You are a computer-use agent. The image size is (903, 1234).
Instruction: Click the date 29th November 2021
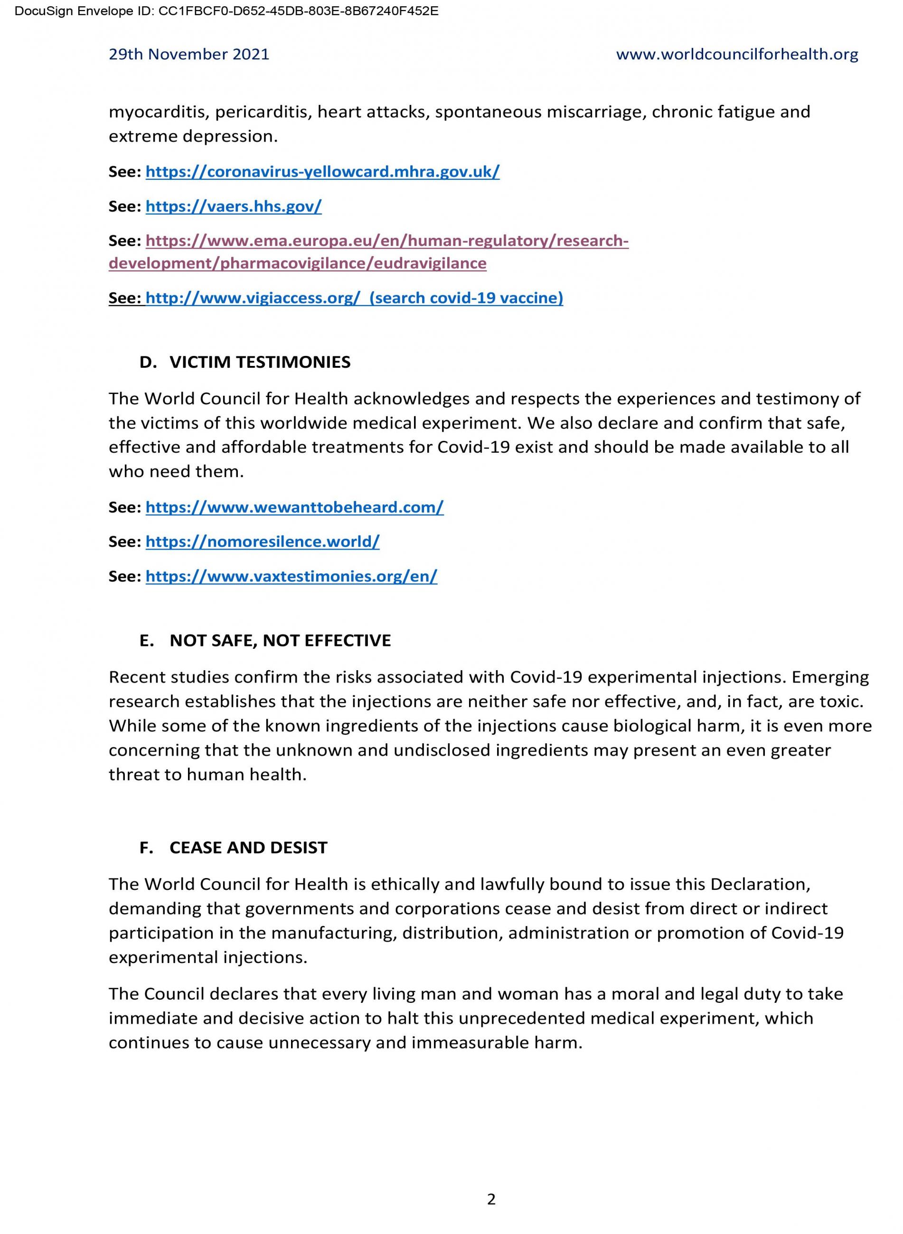tap(188, 55)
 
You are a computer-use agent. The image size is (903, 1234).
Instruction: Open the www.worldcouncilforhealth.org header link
tap(737, 55)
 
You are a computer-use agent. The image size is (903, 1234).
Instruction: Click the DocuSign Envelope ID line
tap(226, 11)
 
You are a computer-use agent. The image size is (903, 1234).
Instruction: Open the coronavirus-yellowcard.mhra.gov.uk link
tap(322, 172)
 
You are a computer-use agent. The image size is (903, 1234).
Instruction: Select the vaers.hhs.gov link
tap(234, 206)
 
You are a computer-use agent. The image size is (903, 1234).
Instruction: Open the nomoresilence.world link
tap(263, 542)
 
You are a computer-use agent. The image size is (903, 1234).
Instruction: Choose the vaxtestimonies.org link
tap(292, 576)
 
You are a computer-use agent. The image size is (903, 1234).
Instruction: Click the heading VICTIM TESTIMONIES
tap(260, 362)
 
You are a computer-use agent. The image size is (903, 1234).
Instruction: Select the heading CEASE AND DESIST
tap(248, 848)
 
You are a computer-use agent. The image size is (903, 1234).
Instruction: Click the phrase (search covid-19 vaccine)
tap(466, 298)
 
